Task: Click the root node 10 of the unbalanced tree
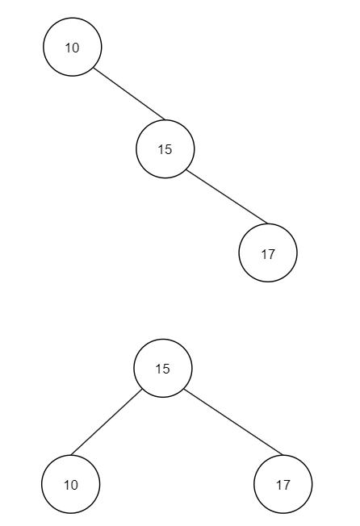coord(72,47)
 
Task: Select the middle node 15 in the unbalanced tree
coord(165,149)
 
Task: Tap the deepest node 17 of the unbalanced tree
coord(268,253)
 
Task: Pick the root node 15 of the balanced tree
coord(163,369)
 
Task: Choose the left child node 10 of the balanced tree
coord(71,484)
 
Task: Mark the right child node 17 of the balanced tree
coord(283,484)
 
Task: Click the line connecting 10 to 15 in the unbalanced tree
coord(129,94)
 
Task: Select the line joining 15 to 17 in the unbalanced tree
coord(227,197)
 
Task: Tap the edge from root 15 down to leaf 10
coord(107,423)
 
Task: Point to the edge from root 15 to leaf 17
coord(233,423)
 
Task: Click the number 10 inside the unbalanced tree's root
coord(72,48)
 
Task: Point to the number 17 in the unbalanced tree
coord(268,255)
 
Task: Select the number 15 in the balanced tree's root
coord(163,369)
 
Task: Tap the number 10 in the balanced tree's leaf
coord(71,485)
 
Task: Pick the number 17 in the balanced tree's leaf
coord(283,485)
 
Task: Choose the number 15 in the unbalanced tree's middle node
coord(165,149)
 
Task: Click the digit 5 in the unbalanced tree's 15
coord(169,149)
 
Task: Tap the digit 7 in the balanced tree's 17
coord(287,485)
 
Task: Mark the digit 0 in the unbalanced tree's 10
coord(76,48)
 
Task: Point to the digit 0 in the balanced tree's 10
coord(74,485)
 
